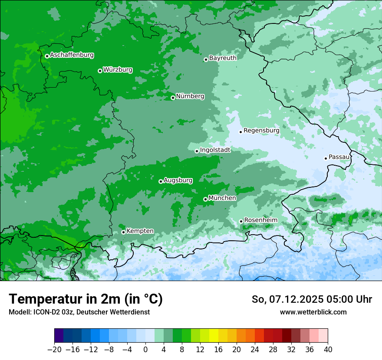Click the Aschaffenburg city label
pos(72,55)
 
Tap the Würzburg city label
pos(118,70)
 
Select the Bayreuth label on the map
pos(223,58)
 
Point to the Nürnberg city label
pos(190,96)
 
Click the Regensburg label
pos(261,131)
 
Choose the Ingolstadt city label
pos(215,150)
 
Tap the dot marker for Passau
pos(326,158)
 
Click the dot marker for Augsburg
pos(161,181)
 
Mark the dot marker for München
pos(205,200)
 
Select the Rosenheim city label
pos(260,220)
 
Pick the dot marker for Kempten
pos(123,232)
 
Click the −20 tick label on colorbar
pos(54,350)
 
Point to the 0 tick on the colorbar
pos(145,350)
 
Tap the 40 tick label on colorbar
pos(328,350)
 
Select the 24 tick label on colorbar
pos(255,350)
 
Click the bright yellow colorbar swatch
pos(214,336)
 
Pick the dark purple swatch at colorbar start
pos(59,336)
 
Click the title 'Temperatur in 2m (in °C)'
pos(86,299)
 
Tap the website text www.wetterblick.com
pos(313,312)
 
